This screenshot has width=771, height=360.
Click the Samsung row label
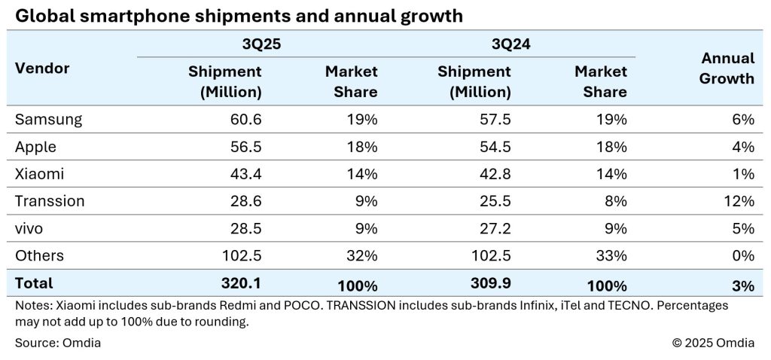point(48,119)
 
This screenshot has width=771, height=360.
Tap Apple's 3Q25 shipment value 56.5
point(243,147)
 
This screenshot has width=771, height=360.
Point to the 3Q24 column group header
point(512,44)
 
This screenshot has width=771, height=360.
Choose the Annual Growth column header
point(727,68)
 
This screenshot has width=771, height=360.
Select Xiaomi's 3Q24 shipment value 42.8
point(492,174)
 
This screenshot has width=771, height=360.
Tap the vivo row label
point(32,228)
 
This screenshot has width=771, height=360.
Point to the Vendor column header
point(42,69)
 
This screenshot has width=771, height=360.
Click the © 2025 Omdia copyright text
point(714,343)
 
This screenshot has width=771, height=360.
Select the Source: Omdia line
point(58,343)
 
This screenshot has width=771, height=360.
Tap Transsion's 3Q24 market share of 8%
point(615,201)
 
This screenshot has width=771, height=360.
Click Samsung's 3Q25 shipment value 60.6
point(243,119)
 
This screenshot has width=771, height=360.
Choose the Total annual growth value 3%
point(744,284)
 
